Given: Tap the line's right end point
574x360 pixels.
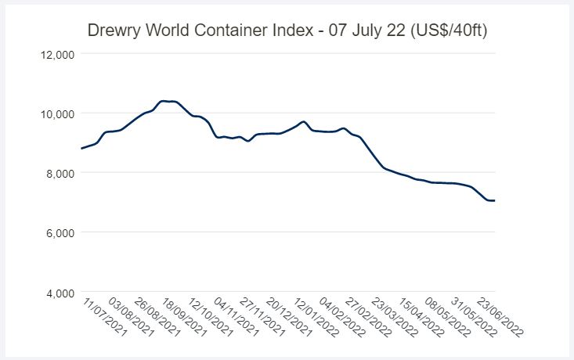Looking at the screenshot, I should click(x=495, y=201).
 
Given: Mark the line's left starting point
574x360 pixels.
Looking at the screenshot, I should click(x=81, y=148).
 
